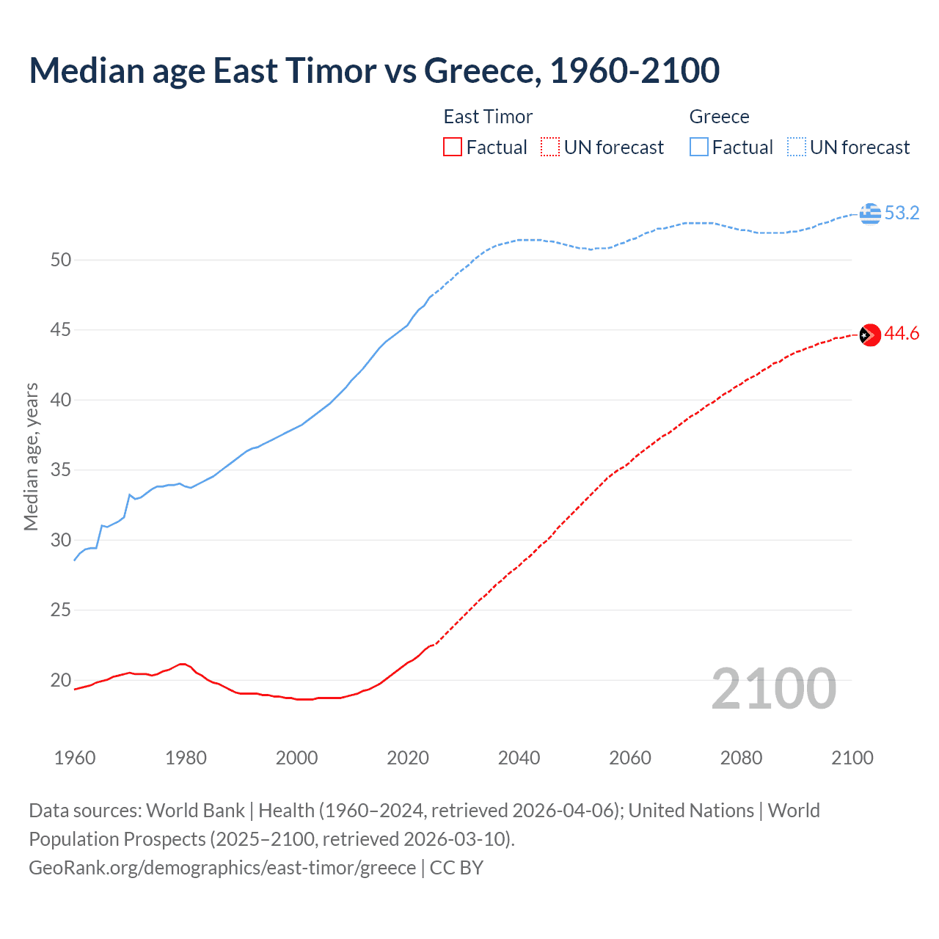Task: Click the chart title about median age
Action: coord(374,70)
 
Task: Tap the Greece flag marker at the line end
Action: coord(870,213)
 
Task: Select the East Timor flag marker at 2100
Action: coord(870,335)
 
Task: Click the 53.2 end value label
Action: coord(902,213)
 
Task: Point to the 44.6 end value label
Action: coord(902,334)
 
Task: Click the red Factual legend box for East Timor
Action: coord(453,147)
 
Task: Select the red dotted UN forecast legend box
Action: coord(550,147)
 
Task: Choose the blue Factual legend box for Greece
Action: coord(699,147)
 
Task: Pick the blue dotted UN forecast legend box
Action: coord(797,147)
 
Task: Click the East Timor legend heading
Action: coord(488,117)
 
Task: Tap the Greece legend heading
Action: coord(719,117)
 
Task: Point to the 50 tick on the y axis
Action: coord(61,260)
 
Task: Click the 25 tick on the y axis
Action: coord(61,610)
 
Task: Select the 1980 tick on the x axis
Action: coord(186,758)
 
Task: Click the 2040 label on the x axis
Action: coord(519,758)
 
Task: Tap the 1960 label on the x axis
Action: coord(75,758)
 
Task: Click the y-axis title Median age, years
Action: coord(31,456)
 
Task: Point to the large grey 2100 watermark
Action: coord(774,688)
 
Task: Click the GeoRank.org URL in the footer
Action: coord(222,868)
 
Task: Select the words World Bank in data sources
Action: coord(195,811)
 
